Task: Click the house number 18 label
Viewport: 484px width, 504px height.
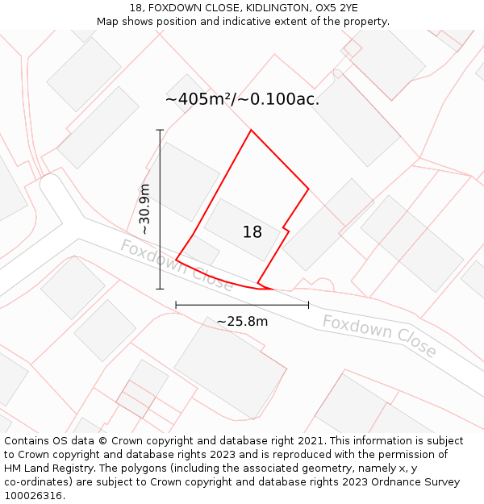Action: [252, 232]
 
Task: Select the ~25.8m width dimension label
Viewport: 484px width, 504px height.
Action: [242, 322]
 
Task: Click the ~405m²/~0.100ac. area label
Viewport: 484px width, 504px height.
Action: [242, 100]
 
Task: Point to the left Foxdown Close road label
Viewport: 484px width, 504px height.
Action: [176, 264]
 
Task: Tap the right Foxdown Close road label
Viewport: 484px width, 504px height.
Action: [379, 336]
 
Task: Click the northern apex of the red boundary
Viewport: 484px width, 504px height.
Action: [251, 130]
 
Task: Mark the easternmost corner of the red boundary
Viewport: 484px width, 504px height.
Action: [308, 190]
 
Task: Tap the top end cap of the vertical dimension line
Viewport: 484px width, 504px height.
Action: [160, 130]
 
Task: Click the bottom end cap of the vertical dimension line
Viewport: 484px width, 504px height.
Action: [160, 289]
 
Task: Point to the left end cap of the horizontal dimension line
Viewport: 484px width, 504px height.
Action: [176, 305]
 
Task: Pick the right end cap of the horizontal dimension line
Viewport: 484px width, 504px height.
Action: [308, 305]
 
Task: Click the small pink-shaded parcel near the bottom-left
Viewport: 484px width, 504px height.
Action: [135, 398]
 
